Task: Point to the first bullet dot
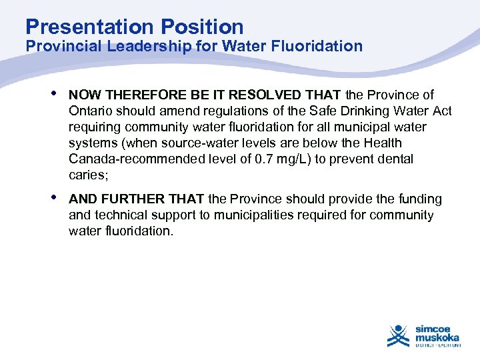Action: point(53,94)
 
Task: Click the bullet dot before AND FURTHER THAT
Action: point(53,198)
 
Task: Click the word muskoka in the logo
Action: point(437,337)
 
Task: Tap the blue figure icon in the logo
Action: point(399,335)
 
